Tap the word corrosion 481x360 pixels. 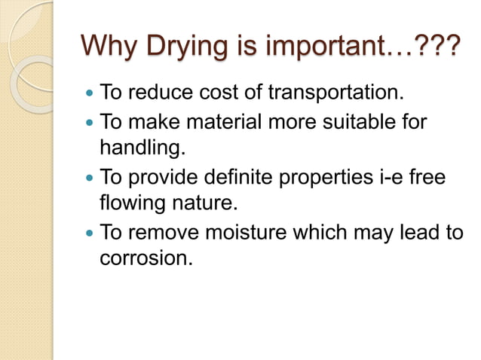pos(145,258)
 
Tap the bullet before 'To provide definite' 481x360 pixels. pos(90,178)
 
